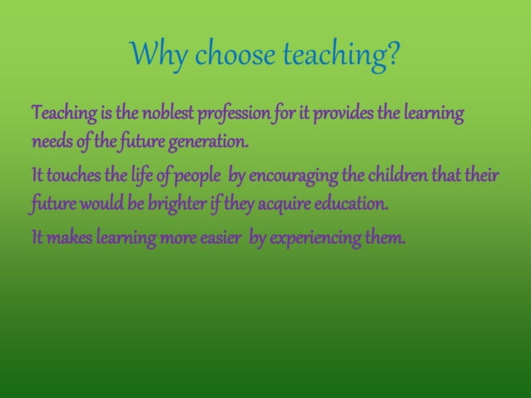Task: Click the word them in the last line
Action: pos(388,240)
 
